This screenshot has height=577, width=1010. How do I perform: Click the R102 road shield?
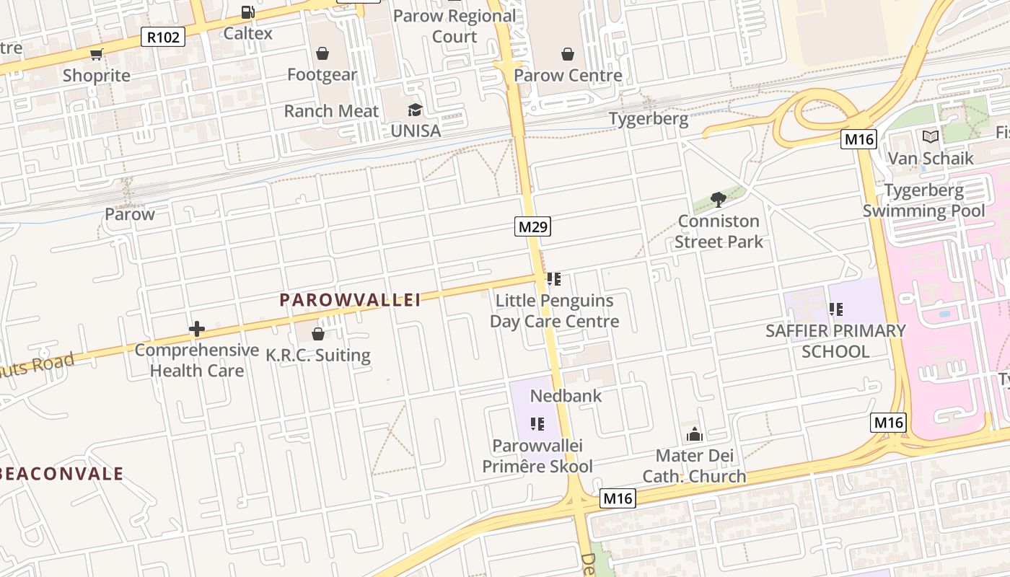pyautogui.click(x=163, y=37)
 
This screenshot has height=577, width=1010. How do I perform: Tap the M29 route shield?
pyautogui.click(x=533, y=226)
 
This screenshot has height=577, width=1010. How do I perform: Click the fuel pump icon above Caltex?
pyautogui.click(x=247, y=12)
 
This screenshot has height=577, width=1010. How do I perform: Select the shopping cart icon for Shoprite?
pyautogui.click(x=96, y=54)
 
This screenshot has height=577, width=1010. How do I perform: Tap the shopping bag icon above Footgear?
pyautogui.click(x=322, y=53)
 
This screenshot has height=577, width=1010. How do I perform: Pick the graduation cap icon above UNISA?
pyautogui.click(x=415, y=110)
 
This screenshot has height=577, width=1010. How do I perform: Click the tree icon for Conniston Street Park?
pyautogui.click(x=718, y=199)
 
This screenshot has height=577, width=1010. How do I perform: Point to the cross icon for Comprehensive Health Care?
pyautogui.click(x=196, y=330)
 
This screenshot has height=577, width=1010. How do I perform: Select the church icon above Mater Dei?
pyautogui.click(x=695, y=434)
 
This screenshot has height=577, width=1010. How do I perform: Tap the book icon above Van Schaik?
pyautogui.click(x=930, y=136)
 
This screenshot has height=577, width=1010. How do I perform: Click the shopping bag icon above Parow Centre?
pyautogui.click(x=568, y=54)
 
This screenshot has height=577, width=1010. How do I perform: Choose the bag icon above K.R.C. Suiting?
pyautogui.click(x=317, y=334)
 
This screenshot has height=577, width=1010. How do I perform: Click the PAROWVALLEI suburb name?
pyautogui.click(x=350, y=300)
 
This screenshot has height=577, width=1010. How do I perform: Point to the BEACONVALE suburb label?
pyautogui.click(x=62, y=474)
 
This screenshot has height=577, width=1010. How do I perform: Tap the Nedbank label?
pyautogui.click(x=566, y=395)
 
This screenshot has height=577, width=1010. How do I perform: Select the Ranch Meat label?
pyautogui.click(x=331, y=111)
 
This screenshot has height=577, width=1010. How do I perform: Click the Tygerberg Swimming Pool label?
pyautogui.click(x=923, y=201)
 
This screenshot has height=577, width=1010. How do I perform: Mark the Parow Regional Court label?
pyautogui.click(x=454, y=26)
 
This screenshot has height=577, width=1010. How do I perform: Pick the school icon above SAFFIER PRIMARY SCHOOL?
pyautogui.click(x=835, y=309)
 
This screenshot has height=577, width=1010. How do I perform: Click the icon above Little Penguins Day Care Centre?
pyautogui.click(x=553, y=279)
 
